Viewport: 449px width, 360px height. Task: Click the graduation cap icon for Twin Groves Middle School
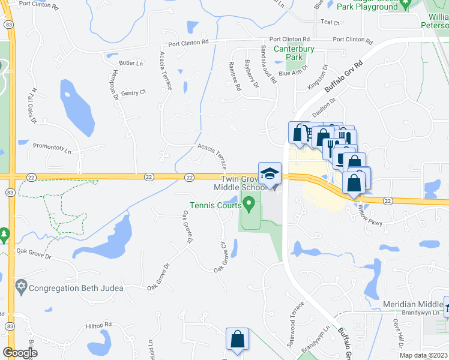270,173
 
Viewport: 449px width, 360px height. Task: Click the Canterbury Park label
288,53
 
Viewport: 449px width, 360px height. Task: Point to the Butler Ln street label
131,63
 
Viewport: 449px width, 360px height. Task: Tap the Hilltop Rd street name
99,325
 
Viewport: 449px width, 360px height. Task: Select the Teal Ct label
331,22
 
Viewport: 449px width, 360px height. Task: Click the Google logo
20,352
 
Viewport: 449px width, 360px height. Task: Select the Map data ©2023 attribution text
424,355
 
